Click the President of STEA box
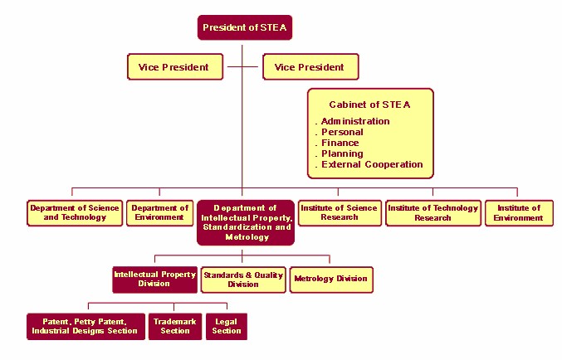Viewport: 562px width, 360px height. click(245, 27)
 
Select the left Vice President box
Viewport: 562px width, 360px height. click(175, 67)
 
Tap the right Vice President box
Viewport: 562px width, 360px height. click(310, 67)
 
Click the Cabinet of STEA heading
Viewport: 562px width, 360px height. click(369, 105)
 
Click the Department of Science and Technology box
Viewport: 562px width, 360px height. click(75, 213)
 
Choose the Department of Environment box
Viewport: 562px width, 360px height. click(160, 213)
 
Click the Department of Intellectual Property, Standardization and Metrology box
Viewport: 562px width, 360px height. click(246, 222)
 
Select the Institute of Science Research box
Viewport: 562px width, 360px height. click(340, 213)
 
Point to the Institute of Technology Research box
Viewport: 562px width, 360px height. click(433, 213)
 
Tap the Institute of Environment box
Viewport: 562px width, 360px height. click(519, 213)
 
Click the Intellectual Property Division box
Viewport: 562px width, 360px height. click(154, 280)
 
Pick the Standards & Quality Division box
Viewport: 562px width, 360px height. click(243, 280)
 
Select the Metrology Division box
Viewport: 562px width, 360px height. click(331, 280)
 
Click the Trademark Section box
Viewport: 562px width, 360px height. click(175, 327)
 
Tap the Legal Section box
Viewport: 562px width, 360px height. click(226, 327)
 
